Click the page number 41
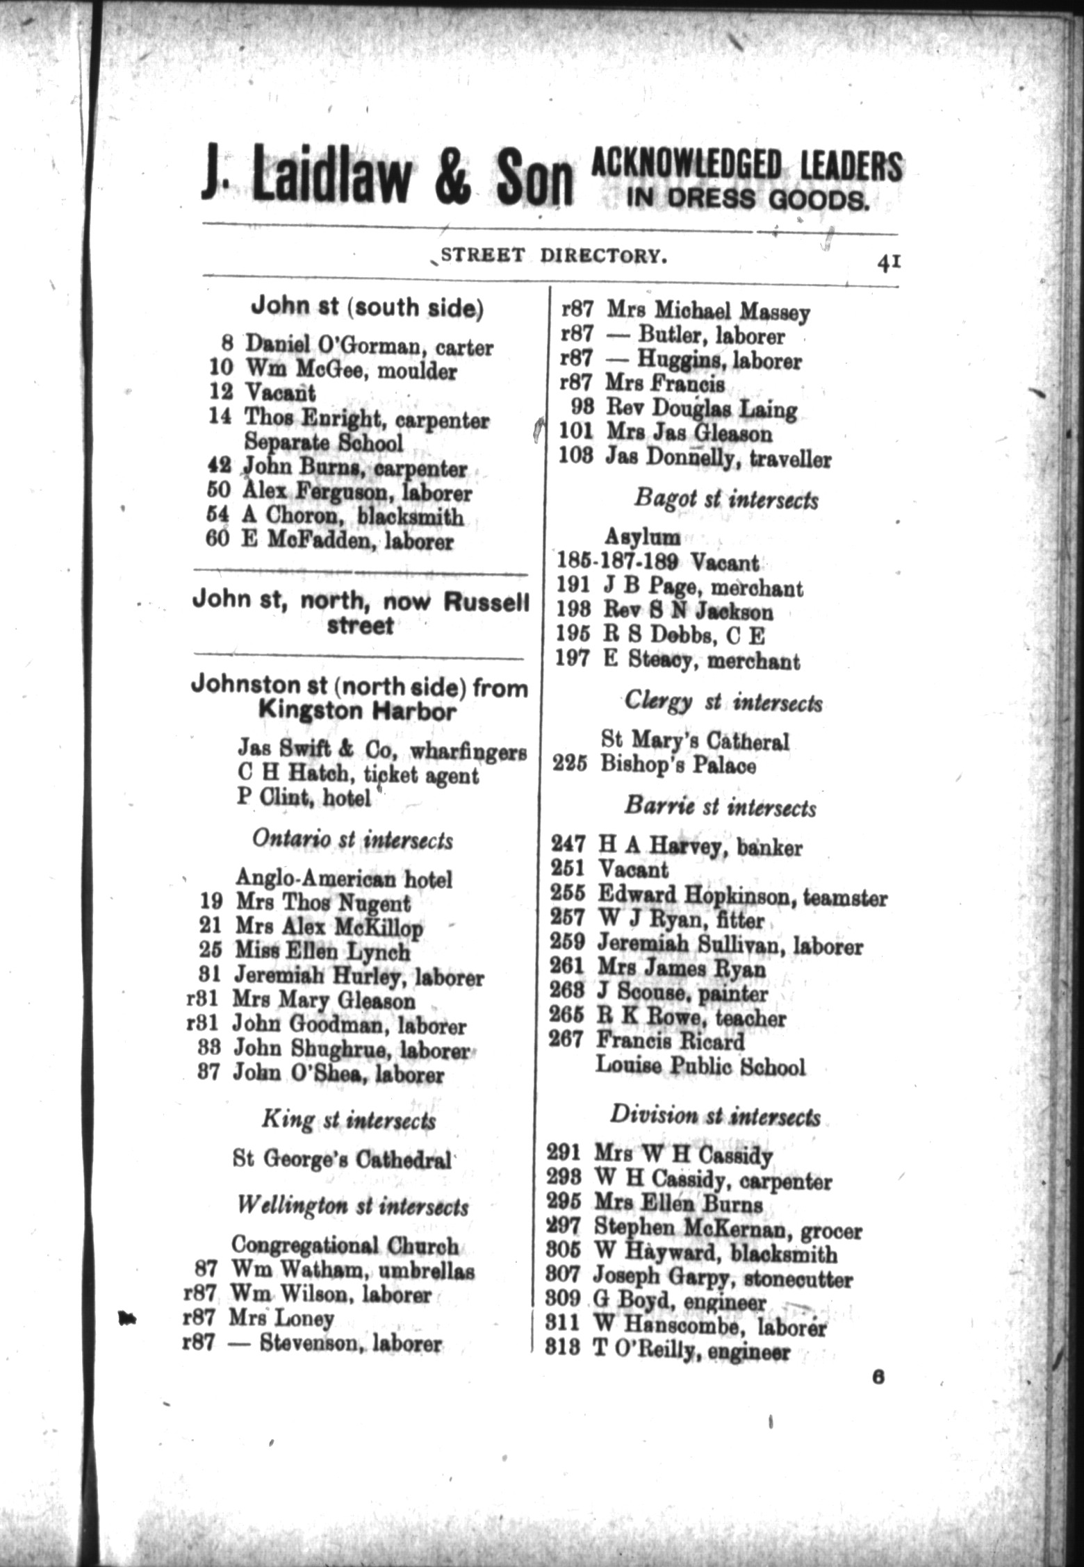click(x=888, y=263)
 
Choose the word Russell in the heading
click(x=486, y=602)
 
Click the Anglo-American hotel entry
click(x=344, y=879)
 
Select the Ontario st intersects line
click(x=352, y=840)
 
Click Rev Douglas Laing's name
click(x=700, y=409)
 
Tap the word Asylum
click(x=642, y=536)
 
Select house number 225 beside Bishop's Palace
click(x=570, y=765)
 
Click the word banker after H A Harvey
click(x=769, y=848)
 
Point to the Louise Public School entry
click(x=700, y=1066)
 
